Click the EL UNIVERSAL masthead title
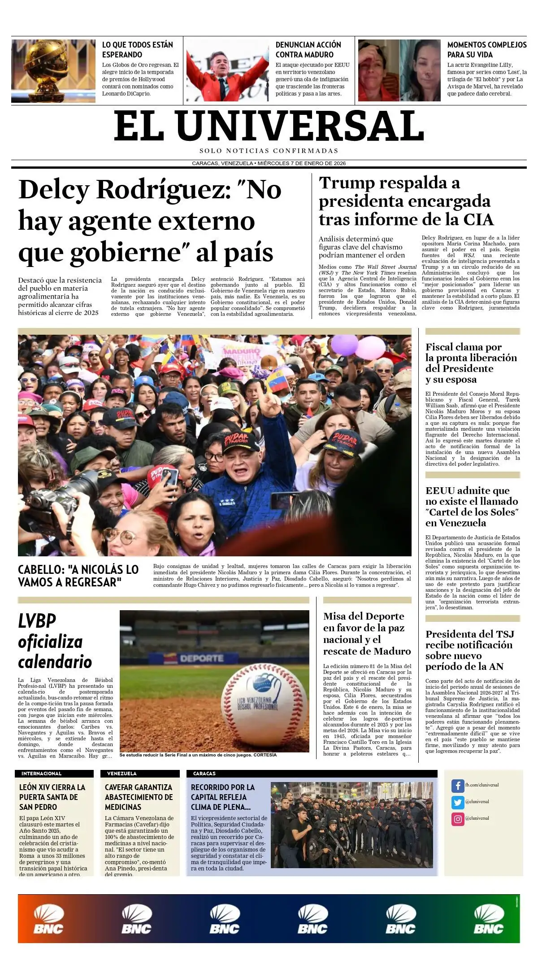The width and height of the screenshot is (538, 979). tap(269, 127)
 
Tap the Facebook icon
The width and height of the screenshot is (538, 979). tap(457, 786)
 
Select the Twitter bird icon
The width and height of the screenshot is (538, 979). tap(457, 802)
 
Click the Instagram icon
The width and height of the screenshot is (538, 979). tap(457, 819)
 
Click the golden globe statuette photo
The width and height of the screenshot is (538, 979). tap(53, 71)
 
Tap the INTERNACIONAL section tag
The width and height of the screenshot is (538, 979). tap(41, 774)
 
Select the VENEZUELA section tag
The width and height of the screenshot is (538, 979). tap(121, 774)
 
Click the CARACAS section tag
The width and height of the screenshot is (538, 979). tap(204, 774)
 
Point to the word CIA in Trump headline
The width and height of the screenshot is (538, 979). tap(478, 220)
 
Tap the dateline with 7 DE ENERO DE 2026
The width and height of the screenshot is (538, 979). tap(269, 163)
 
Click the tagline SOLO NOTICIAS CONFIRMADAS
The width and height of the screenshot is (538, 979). tap(269, 151)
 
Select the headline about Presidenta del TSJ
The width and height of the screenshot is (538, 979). tap(469, 650)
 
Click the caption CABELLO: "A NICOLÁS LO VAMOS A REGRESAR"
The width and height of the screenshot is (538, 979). tap(78, 576)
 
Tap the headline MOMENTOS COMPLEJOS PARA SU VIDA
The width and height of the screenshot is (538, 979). tap(486, 50)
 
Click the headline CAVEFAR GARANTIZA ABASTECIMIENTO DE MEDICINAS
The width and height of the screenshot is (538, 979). tap(139, 797)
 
